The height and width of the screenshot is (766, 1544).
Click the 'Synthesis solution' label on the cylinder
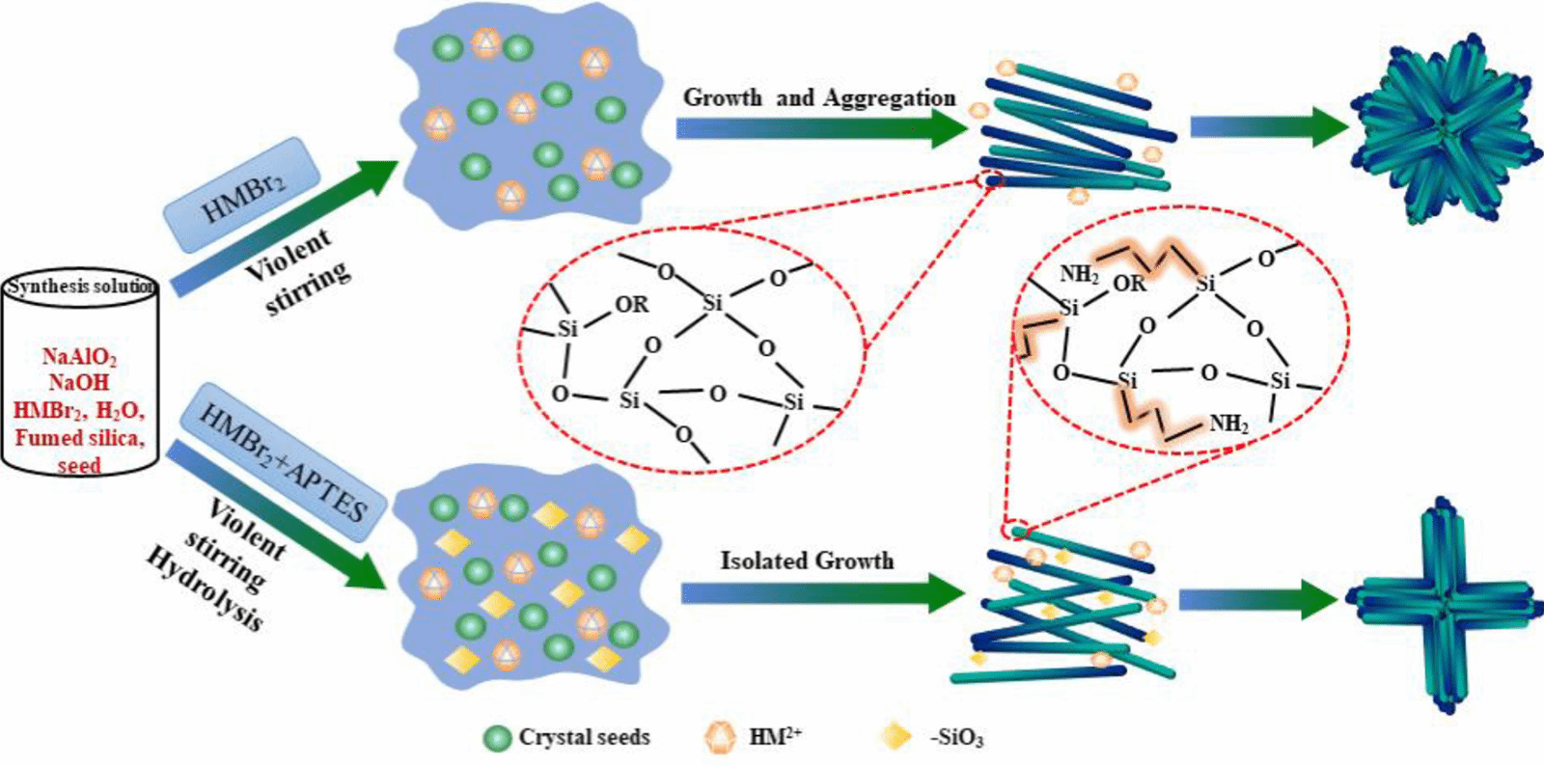click(x=80, y=287)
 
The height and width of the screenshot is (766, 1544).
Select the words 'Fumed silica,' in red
click(x=79, y=438)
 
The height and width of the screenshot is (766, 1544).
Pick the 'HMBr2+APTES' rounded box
click(x=283, y=461)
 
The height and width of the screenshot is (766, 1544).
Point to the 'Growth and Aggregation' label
click(x=819, y=97)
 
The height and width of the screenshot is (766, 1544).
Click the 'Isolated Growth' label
click(x=807, y=561)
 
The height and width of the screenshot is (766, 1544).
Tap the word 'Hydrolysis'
click(x=205, y=588)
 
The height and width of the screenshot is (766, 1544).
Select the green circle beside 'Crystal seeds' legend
click(x=497, y=738)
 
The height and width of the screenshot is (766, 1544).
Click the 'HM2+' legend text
click(x=775, y=737)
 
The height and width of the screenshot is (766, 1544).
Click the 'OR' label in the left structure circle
click(x=632, y=305)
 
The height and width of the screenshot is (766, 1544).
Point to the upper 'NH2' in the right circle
click(x=1079, y=275)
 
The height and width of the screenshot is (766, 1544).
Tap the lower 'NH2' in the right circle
click(x=1228, y=424)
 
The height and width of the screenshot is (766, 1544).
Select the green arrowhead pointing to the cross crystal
click(x=1321, y=600)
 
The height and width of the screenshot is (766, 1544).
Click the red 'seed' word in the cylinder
click(x=79, y=466)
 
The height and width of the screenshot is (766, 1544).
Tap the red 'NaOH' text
click(x=79, y=383)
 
